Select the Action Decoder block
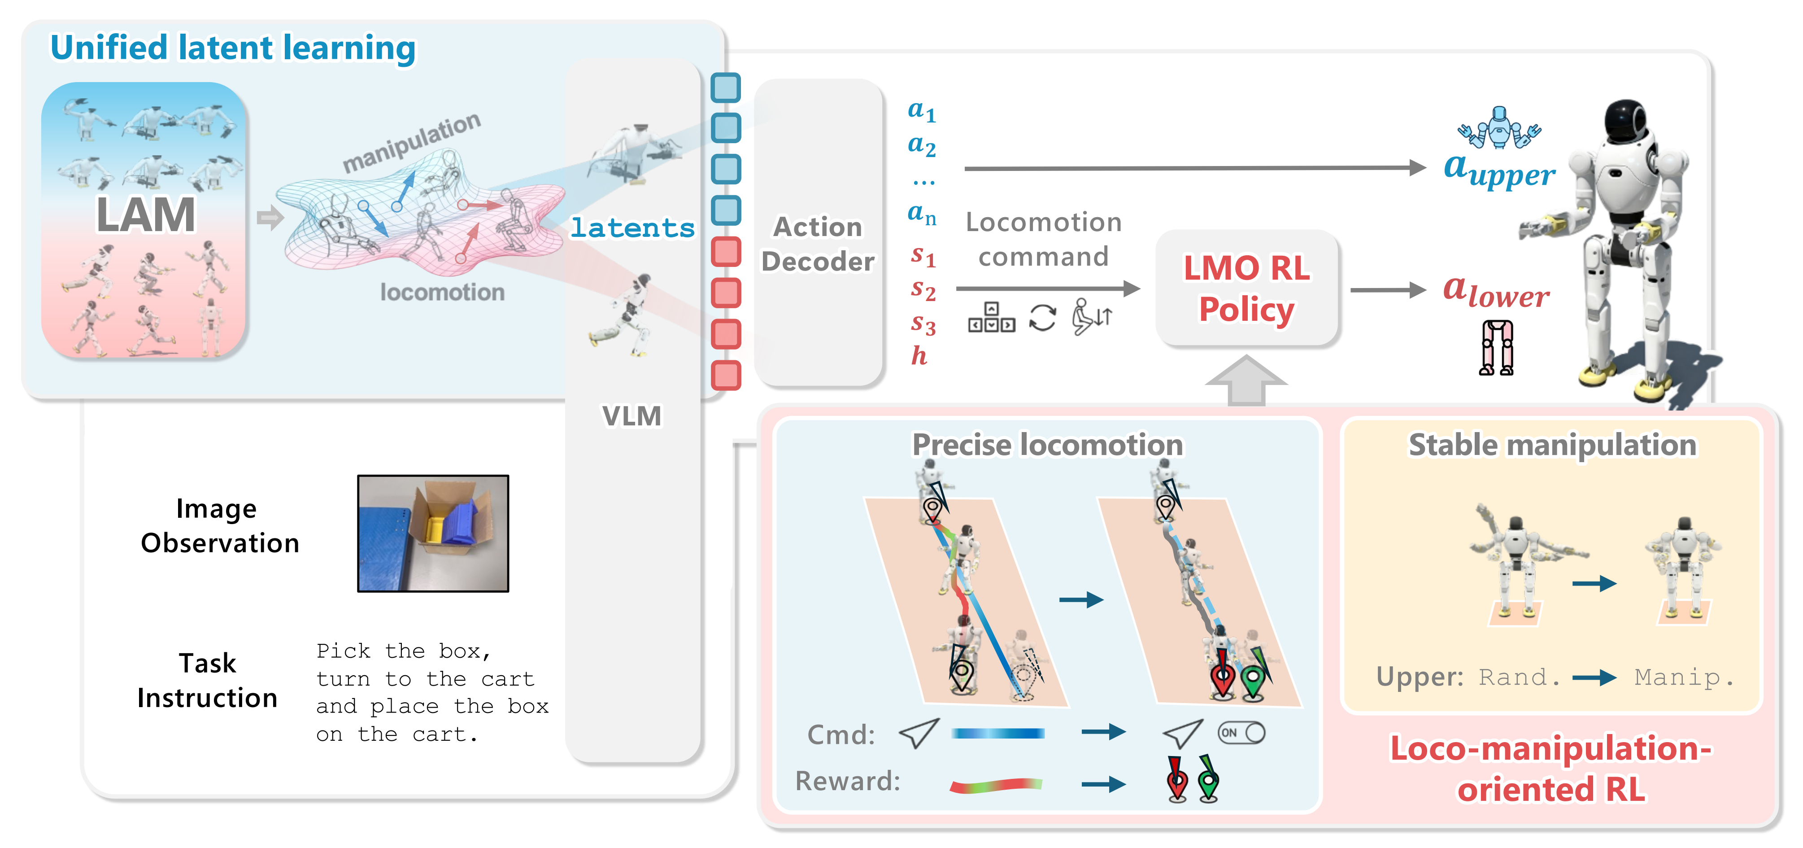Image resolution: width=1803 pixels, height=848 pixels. pos(818,243)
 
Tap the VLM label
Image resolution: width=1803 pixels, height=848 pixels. pos(631,416)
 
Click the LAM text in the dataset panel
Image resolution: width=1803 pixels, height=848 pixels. pos(146,214)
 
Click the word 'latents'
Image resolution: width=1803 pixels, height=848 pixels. pos(632,227)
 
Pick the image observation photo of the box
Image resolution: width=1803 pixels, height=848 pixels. pos(433,533)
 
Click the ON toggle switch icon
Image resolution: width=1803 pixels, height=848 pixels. pos(1241,732)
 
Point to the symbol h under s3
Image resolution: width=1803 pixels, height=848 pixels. pos(919,356)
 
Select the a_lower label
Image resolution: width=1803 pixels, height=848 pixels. pos(1496,291)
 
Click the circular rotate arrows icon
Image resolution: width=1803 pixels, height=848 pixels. pos(1042,318)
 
